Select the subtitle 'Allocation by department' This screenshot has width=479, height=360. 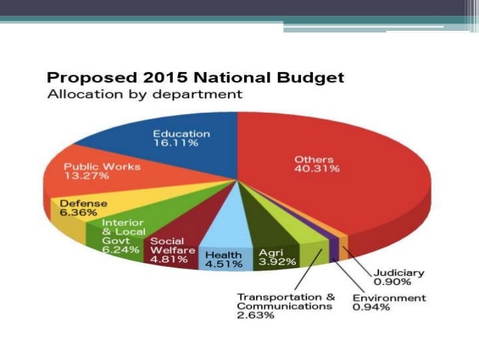pos(145,95)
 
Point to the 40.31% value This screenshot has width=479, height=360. pos(317,169)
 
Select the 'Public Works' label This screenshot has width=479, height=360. pos(102,166)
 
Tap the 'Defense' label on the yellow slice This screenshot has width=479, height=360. pos(83,203)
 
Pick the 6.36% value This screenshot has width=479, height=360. pos(77,213)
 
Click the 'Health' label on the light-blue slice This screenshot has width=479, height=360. pos(224,254)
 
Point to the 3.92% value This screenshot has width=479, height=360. pos(278,262)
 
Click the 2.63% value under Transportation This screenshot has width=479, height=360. pos(256,316)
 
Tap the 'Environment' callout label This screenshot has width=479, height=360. pos(389,298)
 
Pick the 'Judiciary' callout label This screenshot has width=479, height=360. pos(399,273)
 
